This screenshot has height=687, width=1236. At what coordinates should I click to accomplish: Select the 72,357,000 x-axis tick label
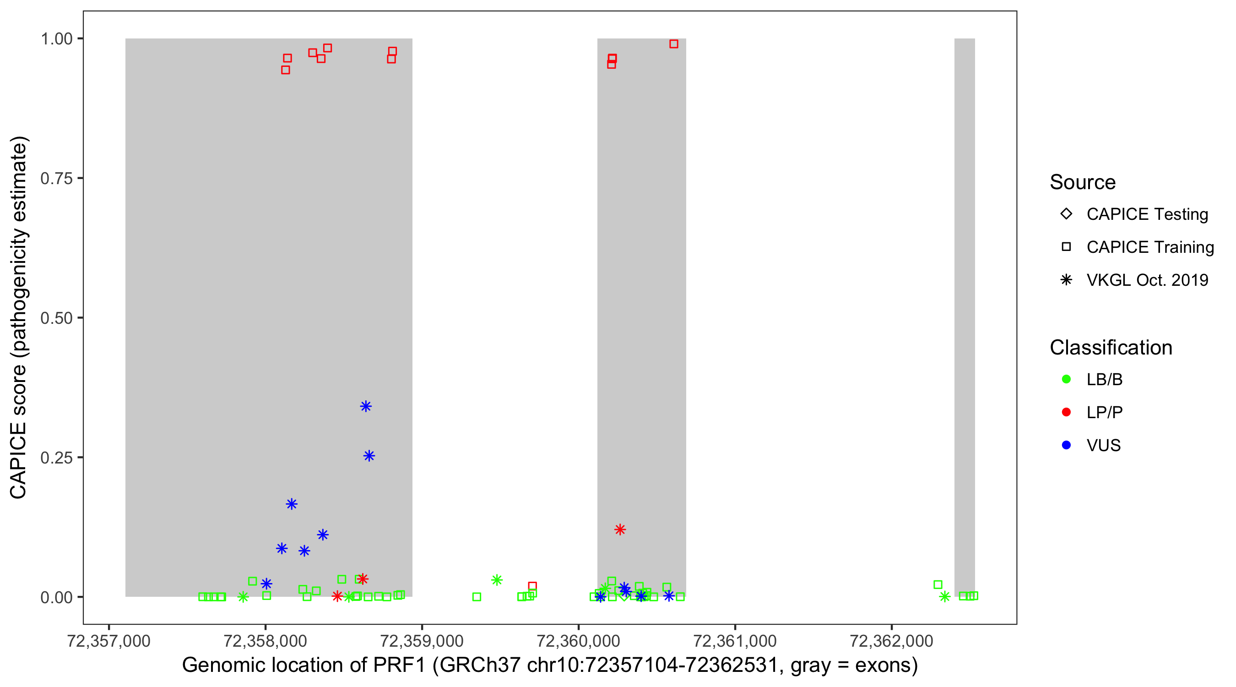tap(109, 641)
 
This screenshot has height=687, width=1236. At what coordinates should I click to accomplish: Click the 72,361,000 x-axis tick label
tap(735, 641)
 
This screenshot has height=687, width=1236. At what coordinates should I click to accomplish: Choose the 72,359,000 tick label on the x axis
tap(422, 641)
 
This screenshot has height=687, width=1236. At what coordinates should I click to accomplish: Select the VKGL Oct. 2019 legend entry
tap(1147, 280)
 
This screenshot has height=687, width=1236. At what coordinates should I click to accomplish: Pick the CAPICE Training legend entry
tap(1150, 247)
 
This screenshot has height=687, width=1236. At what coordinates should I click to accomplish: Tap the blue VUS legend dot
tap(1066, 445)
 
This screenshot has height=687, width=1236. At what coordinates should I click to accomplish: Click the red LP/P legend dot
tap(1066, 412)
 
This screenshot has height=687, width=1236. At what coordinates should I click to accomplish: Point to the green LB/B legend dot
tap(1066, 379)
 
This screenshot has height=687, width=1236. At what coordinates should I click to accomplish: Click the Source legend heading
tap(1083, 182)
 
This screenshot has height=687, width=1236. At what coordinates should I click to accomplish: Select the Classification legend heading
tap(1111, 348)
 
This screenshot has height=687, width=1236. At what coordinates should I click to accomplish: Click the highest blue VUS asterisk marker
tap(366, 407)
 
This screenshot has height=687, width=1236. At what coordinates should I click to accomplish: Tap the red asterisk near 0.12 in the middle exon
tap(620, 529)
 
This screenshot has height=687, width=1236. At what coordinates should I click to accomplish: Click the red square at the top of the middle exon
tap(674, 44)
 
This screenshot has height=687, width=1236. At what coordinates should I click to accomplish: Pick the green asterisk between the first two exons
tap(497, 580)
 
